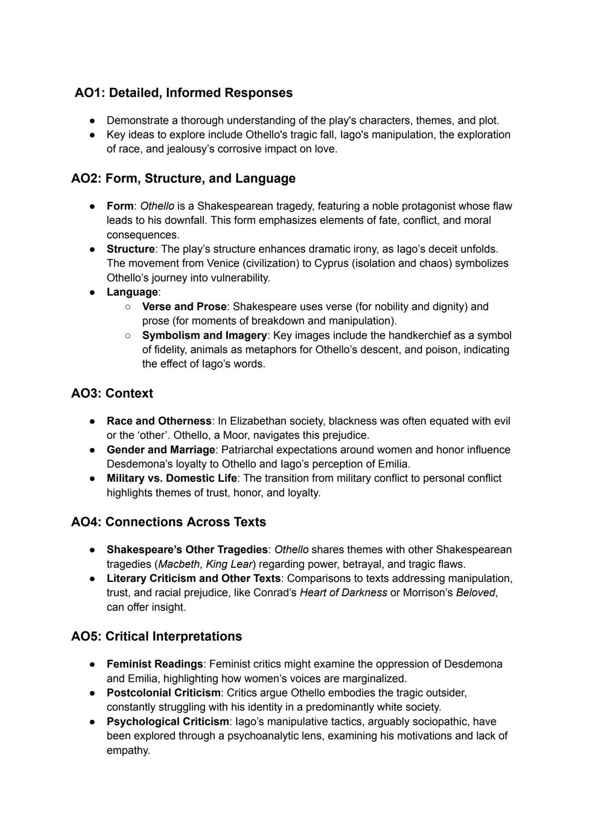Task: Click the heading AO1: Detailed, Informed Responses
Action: click(184, 93)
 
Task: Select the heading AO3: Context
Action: click(112, 393)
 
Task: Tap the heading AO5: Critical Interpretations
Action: click(156, 636)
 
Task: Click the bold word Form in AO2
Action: click(120, 206)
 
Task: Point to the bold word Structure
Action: click(130, 249)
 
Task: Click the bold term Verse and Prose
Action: click(184, 307)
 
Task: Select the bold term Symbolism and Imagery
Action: click(205, 336)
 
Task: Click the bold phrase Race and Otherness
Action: click(159, 421)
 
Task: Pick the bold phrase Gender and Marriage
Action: click(160, 450)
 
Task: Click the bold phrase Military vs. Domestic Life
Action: click(171, 478)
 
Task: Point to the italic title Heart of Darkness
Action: click(343, 593)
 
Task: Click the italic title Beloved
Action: click(476, 593)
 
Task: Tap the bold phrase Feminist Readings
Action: click(154, 664)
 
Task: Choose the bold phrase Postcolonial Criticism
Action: click(163, 693)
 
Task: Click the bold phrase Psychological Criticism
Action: click(167, 722)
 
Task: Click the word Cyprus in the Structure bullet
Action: click(331, 264)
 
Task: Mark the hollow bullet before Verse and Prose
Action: click(128, 307)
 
